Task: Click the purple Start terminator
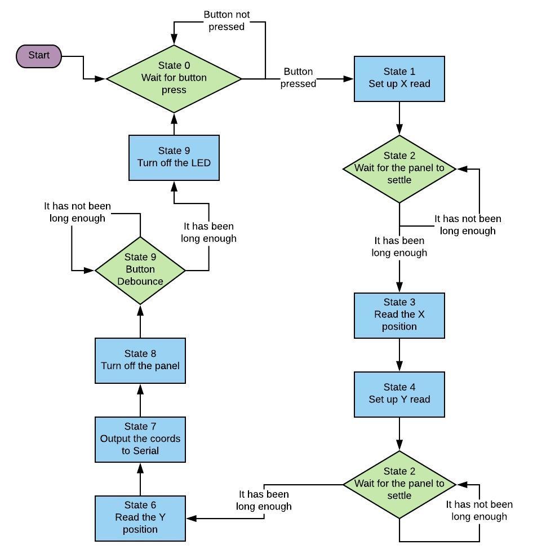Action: click(38, 56)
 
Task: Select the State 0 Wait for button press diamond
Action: click(174, 78)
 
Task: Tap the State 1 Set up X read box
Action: click(399, 78)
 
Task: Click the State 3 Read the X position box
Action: click(399, 315)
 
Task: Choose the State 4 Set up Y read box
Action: click(399, 394)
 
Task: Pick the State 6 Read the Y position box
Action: click(140, 518)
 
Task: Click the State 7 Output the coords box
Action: click(140, 439)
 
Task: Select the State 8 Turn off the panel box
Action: click(140, 360)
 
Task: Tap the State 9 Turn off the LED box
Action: click(174, 157)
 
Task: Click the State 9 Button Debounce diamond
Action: click(140, 270)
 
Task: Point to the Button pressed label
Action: click(298, 78)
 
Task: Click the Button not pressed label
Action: click(226, 20)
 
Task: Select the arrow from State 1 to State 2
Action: click(399, 118)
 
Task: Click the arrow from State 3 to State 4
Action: click(399, 355)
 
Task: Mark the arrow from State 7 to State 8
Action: click(140, 400)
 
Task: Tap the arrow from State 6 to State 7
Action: click(140, 479)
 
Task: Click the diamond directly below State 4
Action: click(399, 484)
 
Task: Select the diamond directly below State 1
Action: click(399, 169)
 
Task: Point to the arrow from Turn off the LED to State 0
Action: click(174, 124)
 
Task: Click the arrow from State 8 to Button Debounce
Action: click(140, 321)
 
